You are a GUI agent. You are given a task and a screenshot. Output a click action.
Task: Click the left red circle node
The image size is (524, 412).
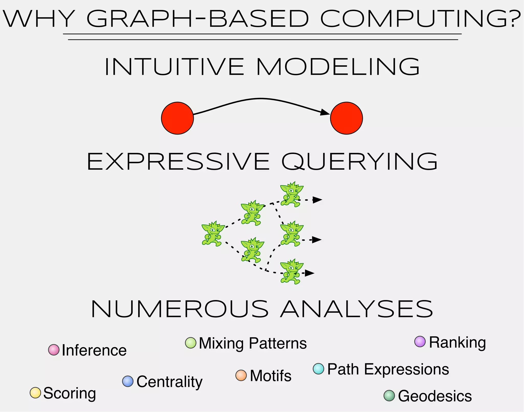click(x=177, y=118)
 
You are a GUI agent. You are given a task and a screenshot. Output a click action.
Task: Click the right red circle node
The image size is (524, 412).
click(x=346, y=118)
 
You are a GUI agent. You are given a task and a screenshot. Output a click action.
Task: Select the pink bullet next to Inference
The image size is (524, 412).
click(x=54, y=350)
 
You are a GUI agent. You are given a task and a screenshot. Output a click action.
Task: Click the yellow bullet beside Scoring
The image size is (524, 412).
click(x=35, y=393)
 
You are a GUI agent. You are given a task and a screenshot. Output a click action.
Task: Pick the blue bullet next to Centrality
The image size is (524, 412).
click(x=128, y=381)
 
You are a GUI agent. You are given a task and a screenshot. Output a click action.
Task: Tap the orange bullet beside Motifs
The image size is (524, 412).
click(x=241, y=375)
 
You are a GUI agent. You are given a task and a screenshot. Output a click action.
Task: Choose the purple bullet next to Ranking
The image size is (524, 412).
click(x=420, y=342)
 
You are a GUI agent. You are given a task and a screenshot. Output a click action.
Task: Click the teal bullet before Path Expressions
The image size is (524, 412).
click(x=319, y=369)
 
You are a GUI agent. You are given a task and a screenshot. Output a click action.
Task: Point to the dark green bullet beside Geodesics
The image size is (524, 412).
click(x=389, y=396)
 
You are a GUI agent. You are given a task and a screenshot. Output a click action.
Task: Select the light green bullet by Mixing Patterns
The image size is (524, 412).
click(x=191, y=343)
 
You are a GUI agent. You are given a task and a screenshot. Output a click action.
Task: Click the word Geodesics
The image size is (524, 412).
click(x=435, y=396)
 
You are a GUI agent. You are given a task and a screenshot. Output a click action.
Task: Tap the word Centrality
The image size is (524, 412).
click(x=169, y=382)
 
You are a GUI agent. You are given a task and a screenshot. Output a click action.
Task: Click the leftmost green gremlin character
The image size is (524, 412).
click(x=212, y=234)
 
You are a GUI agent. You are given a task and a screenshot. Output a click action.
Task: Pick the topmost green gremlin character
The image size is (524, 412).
click(x=291, y=194)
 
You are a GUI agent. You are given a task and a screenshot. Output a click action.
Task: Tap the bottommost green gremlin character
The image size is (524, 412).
click(x=291, y=271)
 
